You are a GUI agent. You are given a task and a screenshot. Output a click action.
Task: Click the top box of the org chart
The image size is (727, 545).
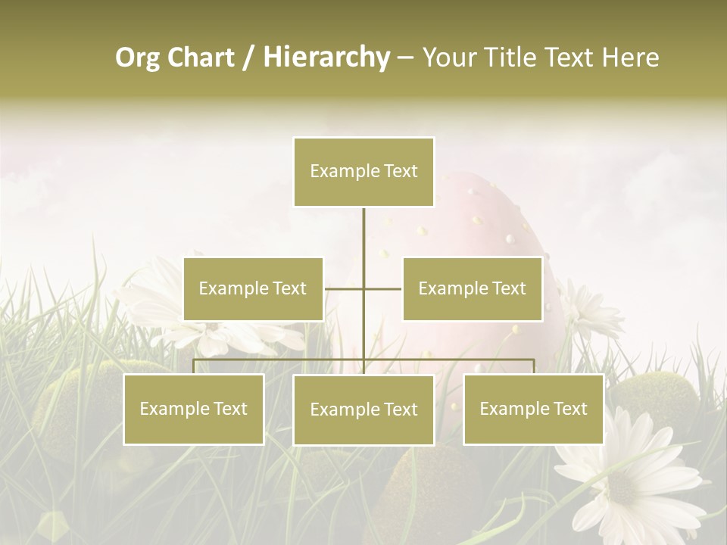[x=363, y=172]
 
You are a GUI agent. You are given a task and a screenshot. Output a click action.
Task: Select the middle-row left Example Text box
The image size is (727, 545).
[x=253, y=288]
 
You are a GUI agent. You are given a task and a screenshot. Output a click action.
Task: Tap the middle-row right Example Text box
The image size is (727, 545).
[x=472, y=288]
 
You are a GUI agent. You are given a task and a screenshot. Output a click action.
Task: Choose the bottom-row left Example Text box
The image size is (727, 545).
[x=193, y=409]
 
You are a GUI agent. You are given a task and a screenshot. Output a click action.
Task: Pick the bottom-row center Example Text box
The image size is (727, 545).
[x=363, y=410]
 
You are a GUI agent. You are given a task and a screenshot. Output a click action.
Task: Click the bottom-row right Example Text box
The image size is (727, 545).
[x=533, y=409]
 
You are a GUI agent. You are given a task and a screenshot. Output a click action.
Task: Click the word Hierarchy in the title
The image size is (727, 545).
[x=326, y=58]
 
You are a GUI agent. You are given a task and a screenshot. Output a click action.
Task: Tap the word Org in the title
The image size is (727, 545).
[x=137, y=58]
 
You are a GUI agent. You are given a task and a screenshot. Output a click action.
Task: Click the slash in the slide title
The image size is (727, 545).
[x=248, y=58]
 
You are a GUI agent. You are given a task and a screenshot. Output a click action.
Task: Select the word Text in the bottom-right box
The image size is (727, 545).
[x=569, y=409]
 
